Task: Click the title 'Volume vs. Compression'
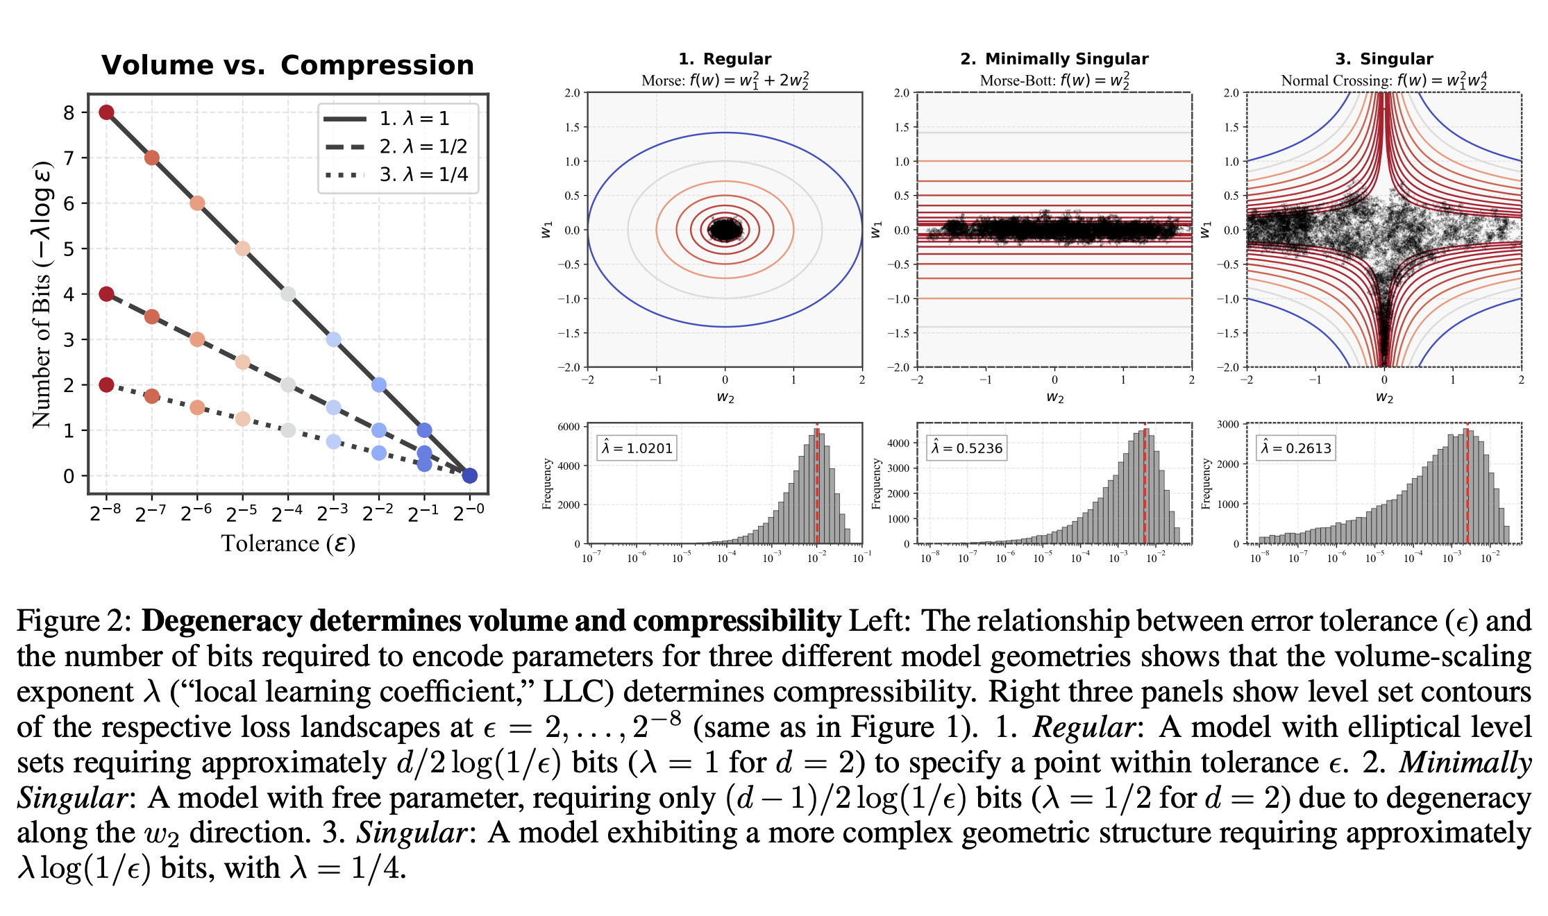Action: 287,65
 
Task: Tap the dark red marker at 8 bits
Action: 106,112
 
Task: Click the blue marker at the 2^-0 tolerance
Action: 470,475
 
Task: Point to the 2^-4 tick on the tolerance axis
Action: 287,513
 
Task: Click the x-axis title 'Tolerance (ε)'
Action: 288,543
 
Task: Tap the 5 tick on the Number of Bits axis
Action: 69,248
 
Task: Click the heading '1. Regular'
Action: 725,59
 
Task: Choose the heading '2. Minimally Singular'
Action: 1054,59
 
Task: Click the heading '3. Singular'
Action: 1384,59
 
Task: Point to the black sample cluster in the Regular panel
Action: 725,229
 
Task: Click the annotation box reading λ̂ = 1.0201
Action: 637,448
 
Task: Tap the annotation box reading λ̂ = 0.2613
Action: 1297,448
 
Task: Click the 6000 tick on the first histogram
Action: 569,427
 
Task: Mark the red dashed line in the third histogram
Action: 1467,486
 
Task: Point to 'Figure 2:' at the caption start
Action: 74,621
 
